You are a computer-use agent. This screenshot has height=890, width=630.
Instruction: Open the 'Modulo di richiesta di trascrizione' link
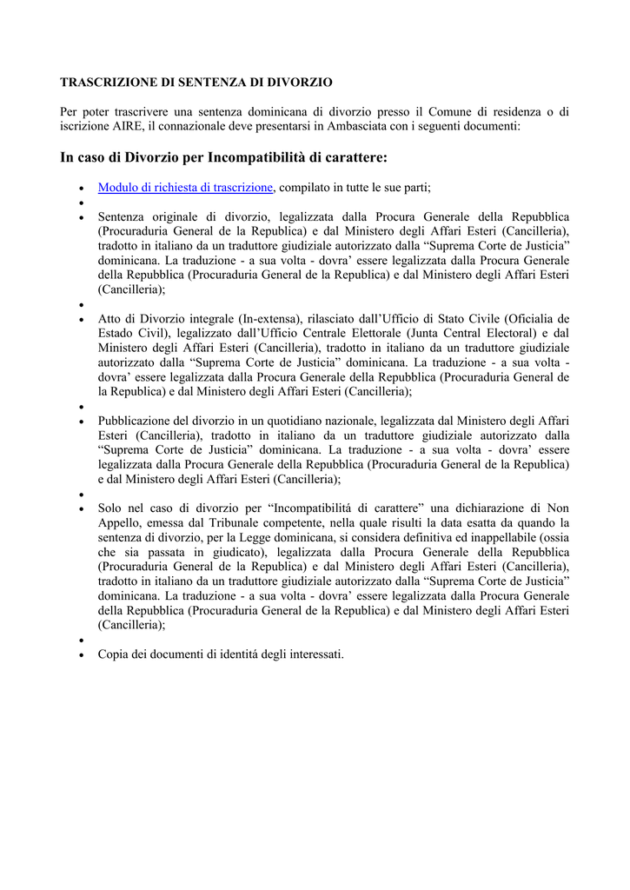(x=186, y=187)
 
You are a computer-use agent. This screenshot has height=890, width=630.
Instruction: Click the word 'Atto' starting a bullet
(x=109, y=319)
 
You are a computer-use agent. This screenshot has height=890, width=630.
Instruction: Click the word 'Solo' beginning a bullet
(x=110, y=508)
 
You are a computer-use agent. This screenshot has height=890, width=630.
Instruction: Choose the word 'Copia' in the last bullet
(x=113, y=654)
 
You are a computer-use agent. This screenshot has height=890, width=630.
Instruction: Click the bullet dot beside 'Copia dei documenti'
(x=81, y=654)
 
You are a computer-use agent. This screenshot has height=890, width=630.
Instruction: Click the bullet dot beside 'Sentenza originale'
(x=81, y=217)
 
